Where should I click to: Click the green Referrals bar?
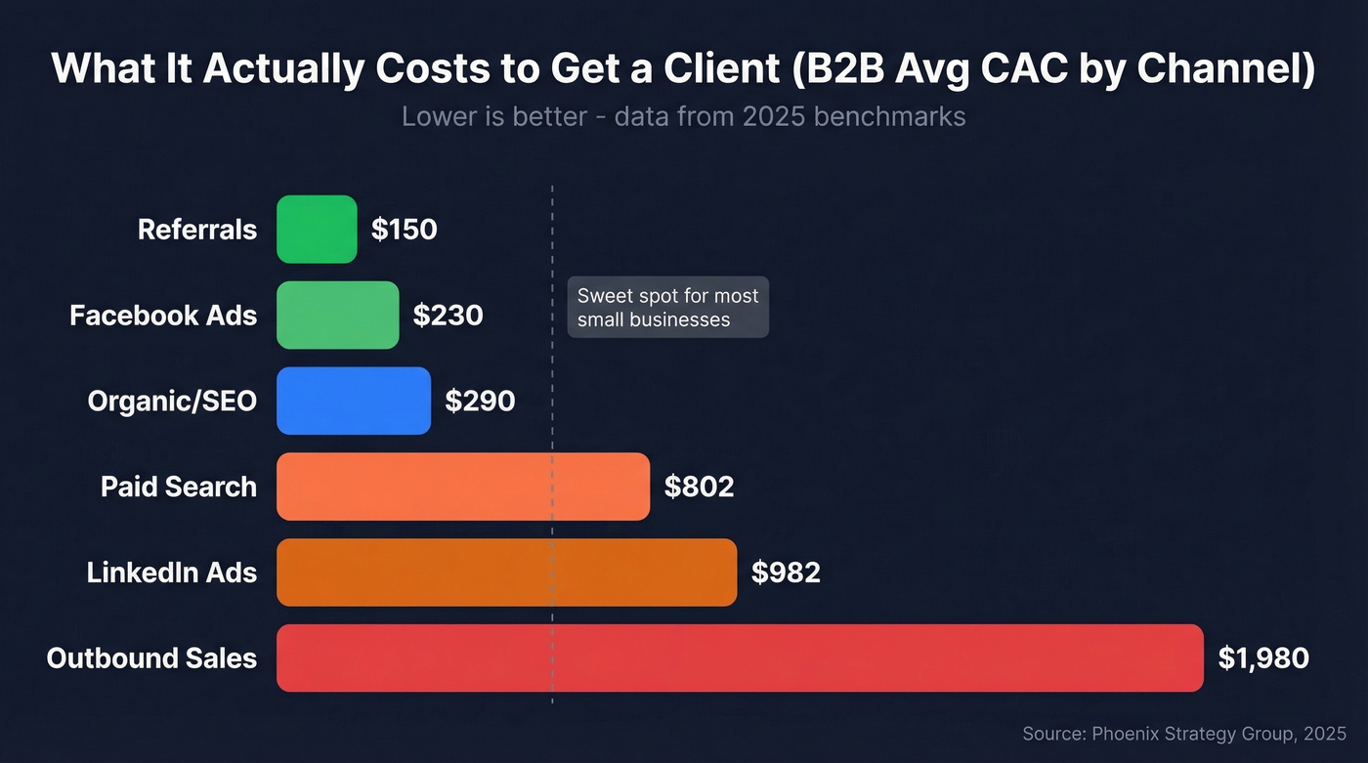coord(317,230)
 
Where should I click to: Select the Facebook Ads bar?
coord(338,316)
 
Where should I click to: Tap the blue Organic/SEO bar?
coord(354,401)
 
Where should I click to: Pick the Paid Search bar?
coord(463,487)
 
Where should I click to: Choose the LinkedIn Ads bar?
coord(506,572)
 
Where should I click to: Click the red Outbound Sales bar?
coord(740,657)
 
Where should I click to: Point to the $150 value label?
coord(404,230)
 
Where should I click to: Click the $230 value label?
coord(448,316)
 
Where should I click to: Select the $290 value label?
coord(480,401)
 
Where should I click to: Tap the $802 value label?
coord(699,487)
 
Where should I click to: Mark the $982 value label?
coord(786,572)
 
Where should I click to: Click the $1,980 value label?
coord(1263,657)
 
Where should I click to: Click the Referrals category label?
coord(197,230)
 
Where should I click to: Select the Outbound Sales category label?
coord(151,657)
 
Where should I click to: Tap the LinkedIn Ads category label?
coord(172,572)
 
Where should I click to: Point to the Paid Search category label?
coord(179,487)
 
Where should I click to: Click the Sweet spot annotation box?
coord(667,308)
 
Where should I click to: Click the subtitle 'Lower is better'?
coord(683,116)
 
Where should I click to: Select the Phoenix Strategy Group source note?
coord(1184,733)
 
